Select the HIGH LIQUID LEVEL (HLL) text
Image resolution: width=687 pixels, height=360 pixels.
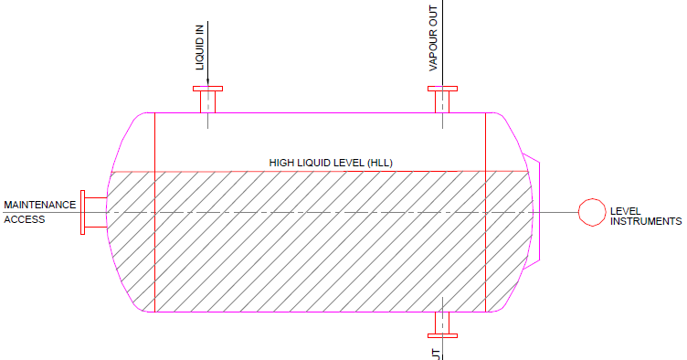click(331, 163)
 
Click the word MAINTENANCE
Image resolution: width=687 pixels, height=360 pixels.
click(40, 205)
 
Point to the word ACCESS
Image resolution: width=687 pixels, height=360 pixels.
click(24, 219)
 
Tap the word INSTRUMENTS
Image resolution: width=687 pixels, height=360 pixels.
click(646, 221)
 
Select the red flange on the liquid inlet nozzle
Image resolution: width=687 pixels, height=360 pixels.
click(208, 89)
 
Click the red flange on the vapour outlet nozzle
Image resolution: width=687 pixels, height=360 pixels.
click(443, 89)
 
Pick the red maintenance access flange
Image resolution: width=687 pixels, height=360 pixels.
click(83, 212)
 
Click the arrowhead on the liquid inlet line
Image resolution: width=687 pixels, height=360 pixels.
click(208, 80)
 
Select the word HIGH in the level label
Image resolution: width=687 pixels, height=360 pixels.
click(281, 163)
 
